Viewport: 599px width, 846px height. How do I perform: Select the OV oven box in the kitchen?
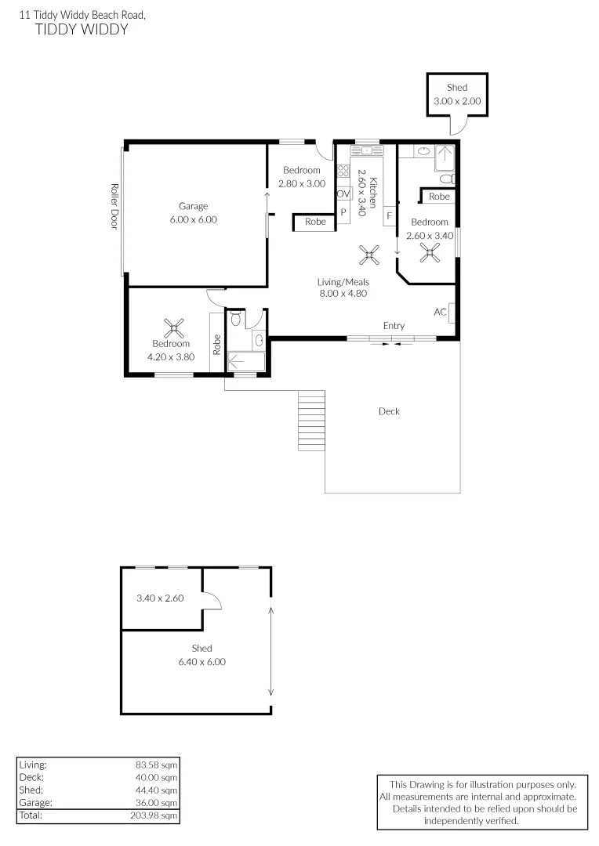click(x=343, y=194)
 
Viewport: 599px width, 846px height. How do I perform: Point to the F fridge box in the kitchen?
click(x=389, y=215)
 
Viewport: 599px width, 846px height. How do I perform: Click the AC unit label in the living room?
click(x=440, y=312)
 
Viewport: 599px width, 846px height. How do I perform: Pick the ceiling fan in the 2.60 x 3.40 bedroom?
click(x=430, y=251)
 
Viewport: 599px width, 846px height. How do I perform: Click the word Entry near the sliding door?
click(x=394, y=326)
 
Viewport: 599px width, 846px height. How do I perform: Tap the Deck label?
click(x=389, y=411)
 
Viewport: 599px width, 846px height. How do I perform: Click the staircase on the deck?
click(x=311, y=421)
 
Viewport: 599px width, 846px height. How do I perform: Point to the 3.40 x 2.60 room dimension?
click(x=160, y=598)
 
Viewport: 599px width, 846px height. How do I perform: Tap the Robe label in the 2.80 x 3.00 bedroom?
click(x=315, y=222)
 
